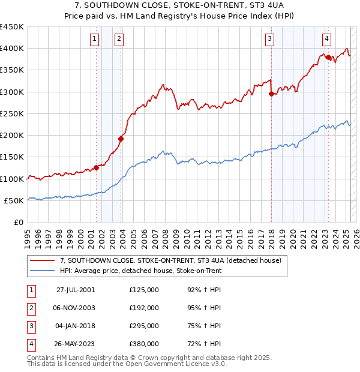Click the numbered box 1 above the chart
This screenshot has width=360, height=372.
tap(95, 39)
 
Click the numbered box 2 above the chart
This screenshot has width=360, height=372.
tap(119, 39)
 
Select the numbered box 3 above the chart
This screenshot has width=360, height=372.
tap(270, 39)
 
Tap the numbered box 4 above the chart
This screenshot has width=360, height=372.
tap(326, 39)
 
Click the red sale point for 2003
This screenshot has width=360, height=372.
tap(121, 139)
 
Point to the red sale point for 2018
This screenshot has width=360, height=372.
tap(271, 94)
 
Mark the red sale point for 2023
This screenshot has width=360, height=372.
tap(328, 57)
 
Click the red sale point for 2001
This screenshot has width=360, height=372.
tap(96, 167)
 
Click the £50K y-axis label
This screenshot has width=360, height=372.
tap(14, 200)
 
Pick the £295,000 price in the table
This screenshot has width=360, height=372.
tap(144, 326)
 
